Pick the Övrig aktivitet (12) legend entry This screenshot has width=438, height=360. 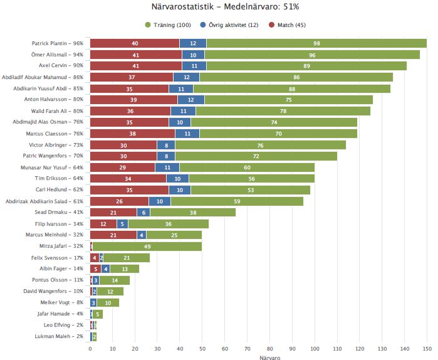(227, 24)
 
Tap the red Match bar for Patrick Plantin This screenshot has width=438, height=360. (135, 43)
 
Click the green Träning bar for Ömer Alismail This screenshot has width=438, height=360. (312, 55)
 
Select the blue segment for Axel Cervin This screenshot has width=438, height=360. (194, 65)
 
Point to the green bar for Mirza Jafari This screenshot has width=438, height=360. (147, 246)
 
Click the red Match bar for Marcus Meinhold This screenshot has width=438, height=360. (113, 235)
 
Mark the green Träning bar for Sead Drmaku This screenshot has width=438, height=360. (193, 213)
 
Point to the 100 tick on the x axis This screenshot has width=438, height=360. (315, 349)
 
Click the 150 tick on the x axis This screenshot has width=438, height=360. (427, 349)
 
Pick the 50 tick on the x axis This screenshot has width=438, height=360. (202, 349)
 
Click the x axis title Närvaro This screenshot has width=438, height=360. (258, 357)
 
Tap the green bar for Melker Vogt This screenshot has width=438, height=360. (108, 303)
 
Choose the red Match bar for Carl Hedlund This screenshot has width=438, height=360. (129, 190)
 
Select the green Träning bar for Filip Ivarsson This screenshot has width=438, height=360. (169, 224)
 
